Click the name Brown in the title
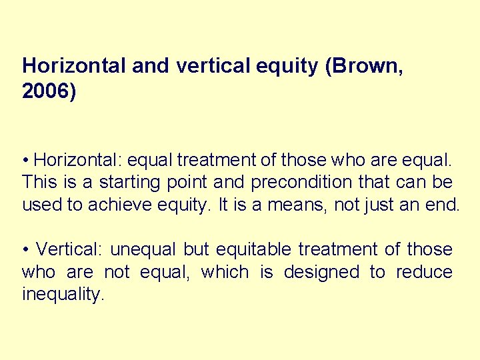[367, 65]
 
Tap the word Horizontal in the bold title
[74, 65]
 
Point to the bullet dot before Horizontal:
[25, 161]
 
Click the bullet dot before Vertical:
[25, 250]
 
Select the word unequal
[144, 250]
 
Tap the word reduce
[423, 273]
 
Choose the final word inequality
[62, 295]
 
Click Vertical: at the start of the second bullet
[69, 250]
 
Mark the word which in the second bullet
[225, 273]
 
